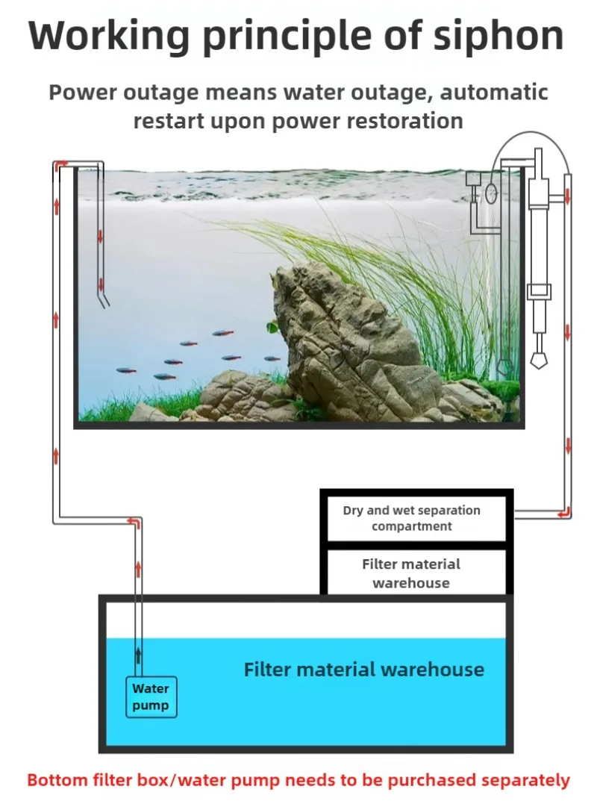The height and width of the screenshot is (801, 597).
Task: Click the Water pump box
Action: (x=151, y=697)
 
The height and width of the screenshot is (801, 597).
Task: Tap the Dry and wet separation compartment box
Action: (x=411, y=518)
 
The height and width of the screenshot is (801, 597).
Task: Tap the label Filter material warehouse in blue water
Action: (x=363, y=670)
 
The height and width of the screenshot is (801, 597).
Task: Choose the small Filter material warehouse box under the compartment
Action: (x=411, y=573)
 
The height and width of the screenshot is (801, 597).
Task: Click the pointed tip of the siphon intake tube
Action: (x=537, y=363)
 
